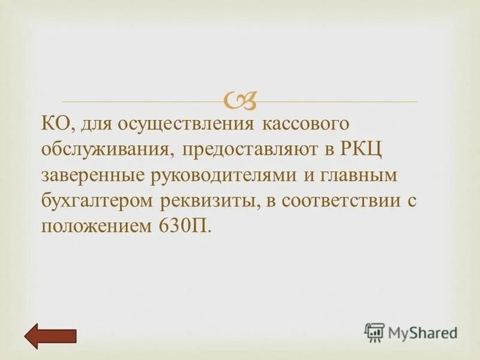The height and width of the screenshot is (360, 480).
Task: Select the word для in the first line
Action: pyautogui.click(x=96, y=125)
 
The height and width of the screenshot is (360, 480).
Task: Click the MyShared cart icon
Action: pyautogui.click(x=374, y=332)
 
